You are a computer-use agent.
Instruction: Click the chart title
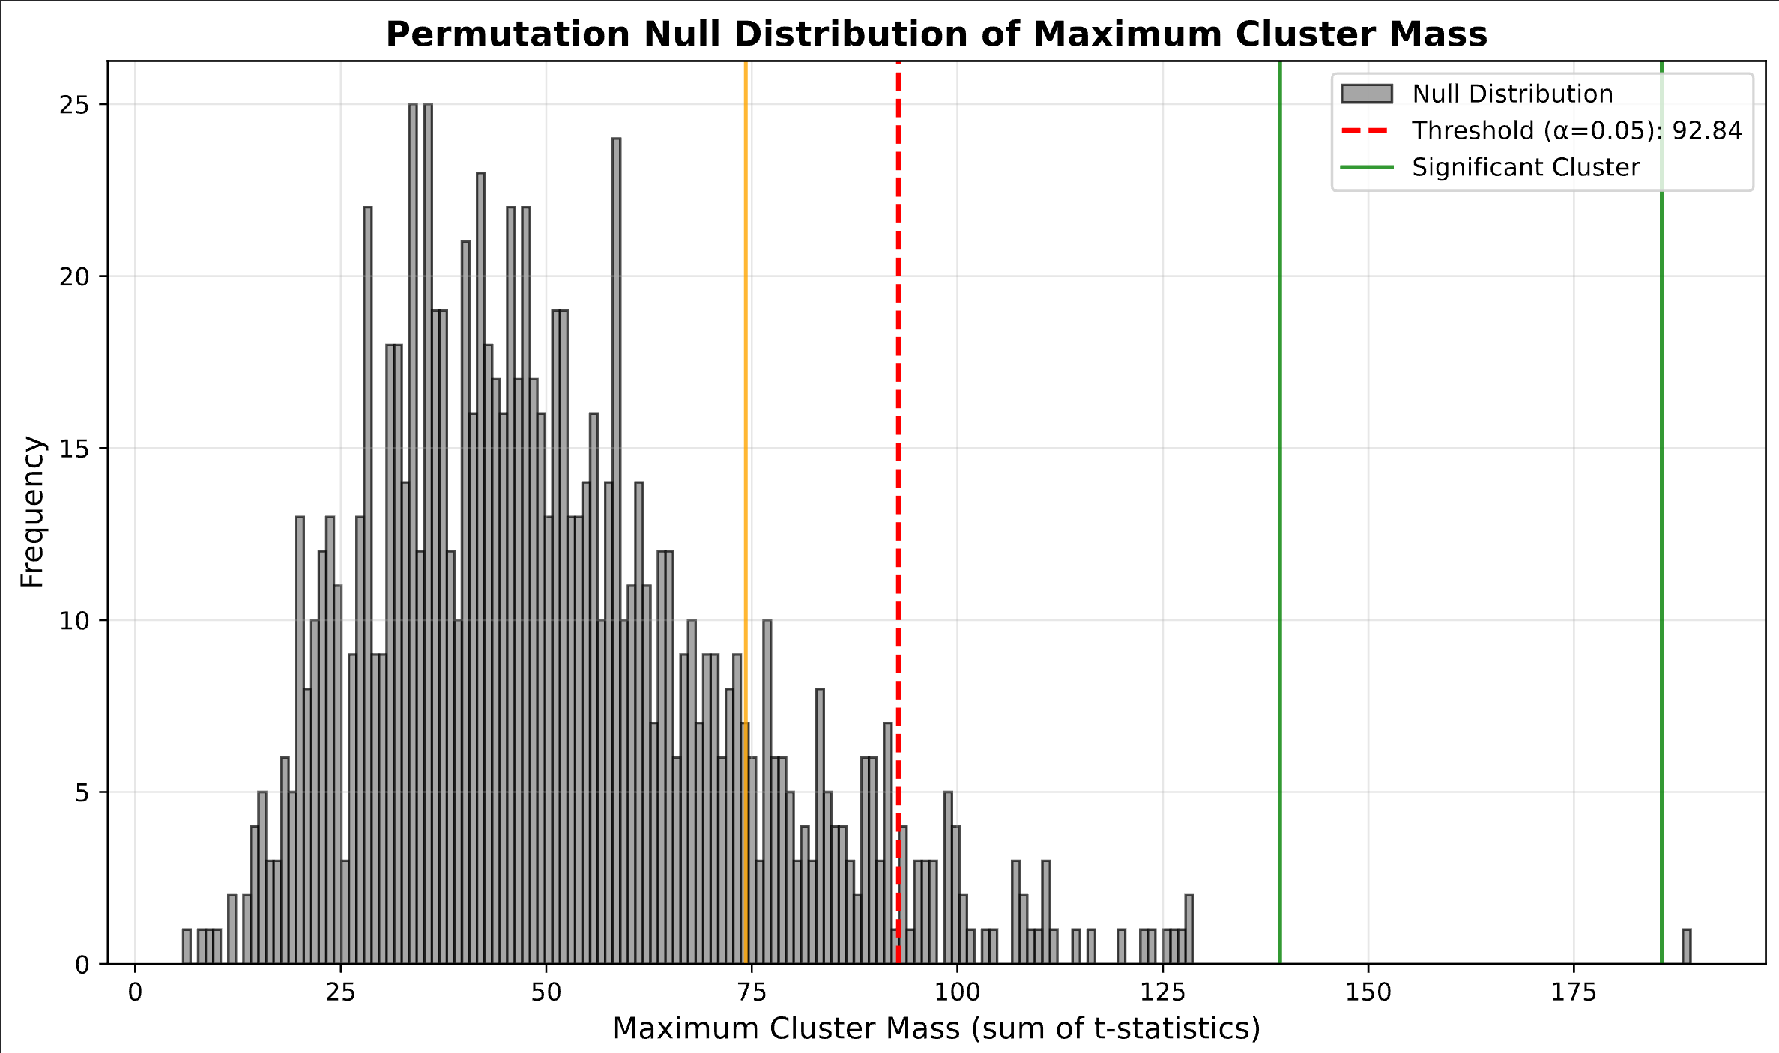936,34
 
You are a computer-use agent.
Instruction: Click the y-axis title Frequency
32,512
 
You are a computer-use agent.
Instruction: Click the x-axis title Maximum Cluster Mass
936,1028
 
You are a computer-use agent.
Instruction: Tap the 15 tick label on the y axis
73,449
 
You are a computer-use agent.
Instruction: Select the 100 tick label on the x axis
957,992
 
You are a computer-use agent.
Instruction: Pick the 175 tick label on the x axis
1574,992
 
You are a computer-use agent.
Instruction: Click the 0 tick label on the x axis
135,992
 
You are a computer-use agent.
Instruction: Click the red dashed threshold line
898,449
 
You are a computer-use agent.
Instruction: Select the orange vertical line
746,374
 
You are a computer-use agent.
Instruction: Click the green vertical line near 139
1280,524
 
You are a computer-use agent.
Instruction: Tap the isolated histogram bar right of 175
1686,947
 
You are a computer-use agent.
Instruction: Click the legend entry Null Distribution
1512,94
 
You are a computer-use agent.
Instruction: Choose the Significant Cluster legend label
1526,167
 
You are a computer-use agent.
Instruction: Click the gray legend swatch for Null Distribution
1367,94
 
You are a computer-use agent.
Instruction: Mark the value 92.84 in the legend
1707,130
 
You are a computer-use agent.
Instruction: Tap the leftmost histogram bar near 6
187,947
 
